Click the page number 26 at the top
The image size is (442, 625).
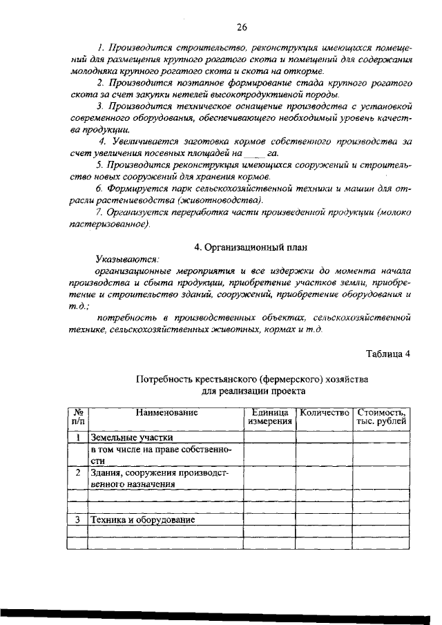(x=242, y=28)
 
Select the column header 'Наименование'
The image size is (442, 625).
(x=166, y=412)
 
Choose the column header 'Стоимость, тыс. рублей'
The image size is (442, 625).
(x=381, y=417)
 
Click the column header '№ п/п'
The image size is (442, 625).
(x=78, y=417)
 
